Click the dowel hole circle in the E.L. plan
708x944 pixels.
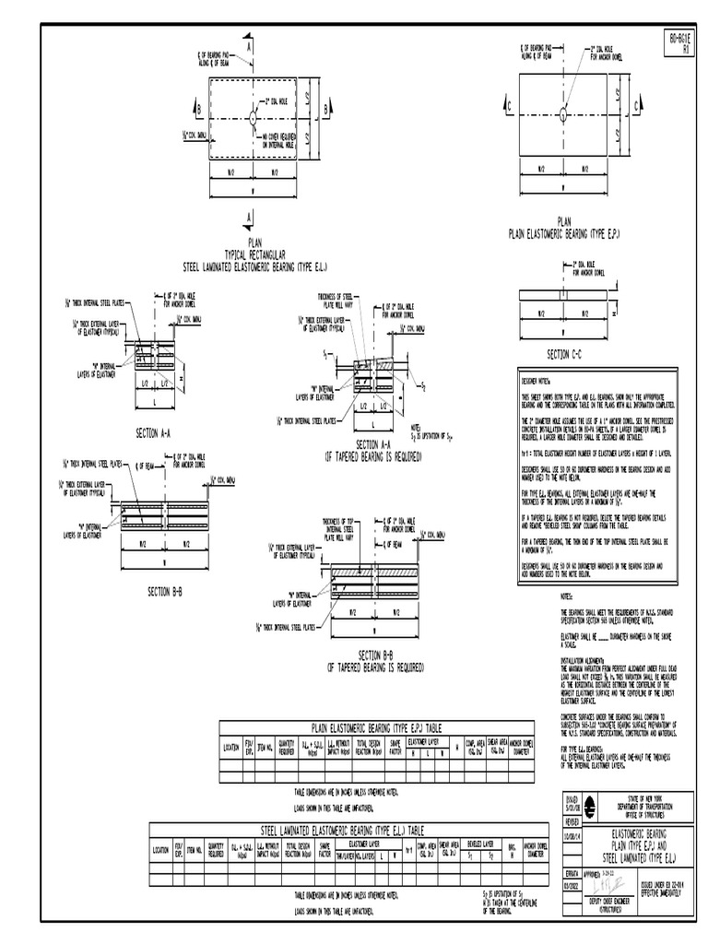pos(252,117)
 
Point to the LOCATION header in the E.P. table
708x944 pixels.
pos(230,747)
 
